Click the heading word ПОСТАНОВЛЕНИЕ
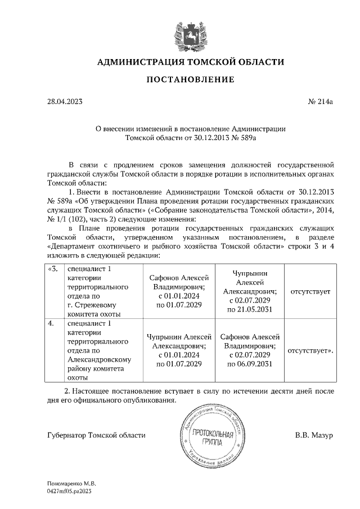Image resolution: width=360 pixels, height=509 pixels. point(190,80)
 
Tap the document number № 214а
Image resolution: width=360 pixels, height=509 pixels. point(321,102)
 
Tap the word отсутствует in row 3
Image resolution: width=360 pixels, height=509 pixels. point(310,292)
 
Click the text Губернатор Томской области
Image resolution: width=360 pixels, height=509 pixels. point(97,435)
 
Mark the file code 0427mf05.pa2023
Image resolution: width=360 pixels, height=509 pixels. point(70,490)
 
